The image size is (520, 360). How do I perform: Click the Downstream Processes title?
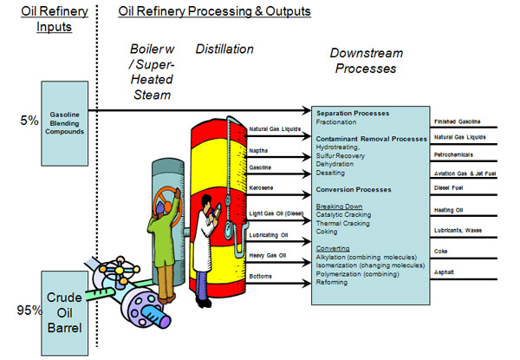click(x=365, y=61)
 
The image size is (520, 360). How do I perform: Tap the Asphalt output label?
click(x=445, y=272)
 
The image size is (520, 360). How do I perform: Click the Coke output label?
click(x=442, y=252)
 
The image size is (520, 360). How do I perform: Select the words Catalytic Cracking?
click(x=346, y=213)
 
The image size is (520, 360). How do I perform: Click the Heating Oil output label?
click(x=447, y=210)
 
